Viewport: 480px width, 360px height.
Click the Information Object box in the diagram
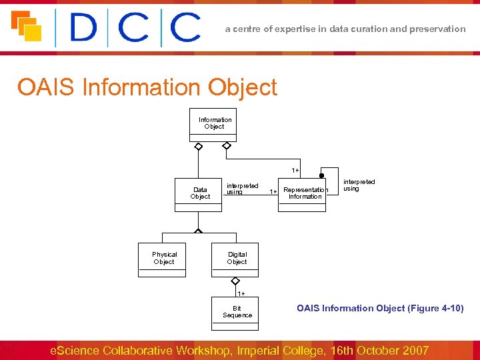[214, 125]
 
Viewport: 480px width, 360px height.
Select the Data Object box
[199, 194]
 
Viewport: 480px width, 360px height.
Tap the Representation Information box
[302, 194]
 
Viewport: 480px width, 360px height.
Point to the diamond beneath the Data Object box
[198, 231]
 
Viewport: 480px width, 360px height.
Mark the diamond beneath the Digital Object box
[235, 282]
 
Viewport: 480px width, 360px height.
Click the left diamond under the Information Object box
[198, 146]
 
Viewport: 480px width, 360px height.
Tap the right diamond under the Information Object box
[227, 146]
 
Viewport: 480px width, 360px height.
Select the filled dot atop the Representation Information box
[321, 176]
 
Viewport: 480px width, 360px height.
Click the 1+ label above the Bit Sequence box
[241, 293]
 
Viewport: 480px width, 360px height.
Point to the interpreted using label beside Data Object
[242, 189]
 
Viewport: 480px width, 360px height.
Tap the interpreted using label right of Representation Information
[359, 185]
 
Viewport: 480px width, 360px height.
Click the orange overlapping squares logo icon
[26, 26]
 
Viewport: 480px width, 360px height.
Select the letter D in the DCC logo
[83, 28]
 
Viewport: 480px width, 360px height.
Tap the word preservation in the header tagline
[438, 29]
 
